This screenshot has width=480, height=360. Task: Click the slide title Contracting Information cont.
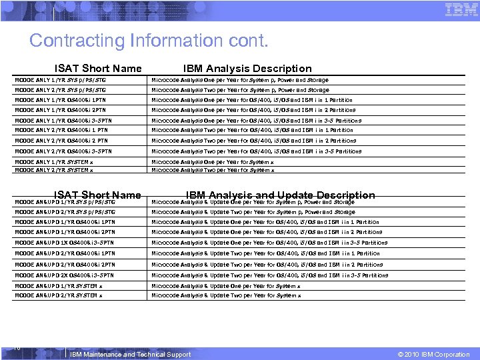tap(149, 41)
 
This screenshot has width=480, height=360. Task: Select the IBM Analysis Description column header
tap(247, 68)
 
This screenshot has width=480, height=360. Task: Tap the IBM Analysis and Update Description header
tap(281, 195)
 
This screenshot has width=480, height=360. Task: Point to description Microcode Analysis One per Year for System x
tap(213, 162)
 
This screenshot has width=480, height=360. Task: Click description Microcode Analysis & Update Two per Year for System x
tap(226, 295)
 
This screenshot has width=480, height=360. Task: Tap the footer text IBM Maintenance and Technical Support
tap(130, 355)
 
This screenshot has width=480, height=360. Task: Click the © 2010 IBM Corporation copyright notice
tap(433, 355)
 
